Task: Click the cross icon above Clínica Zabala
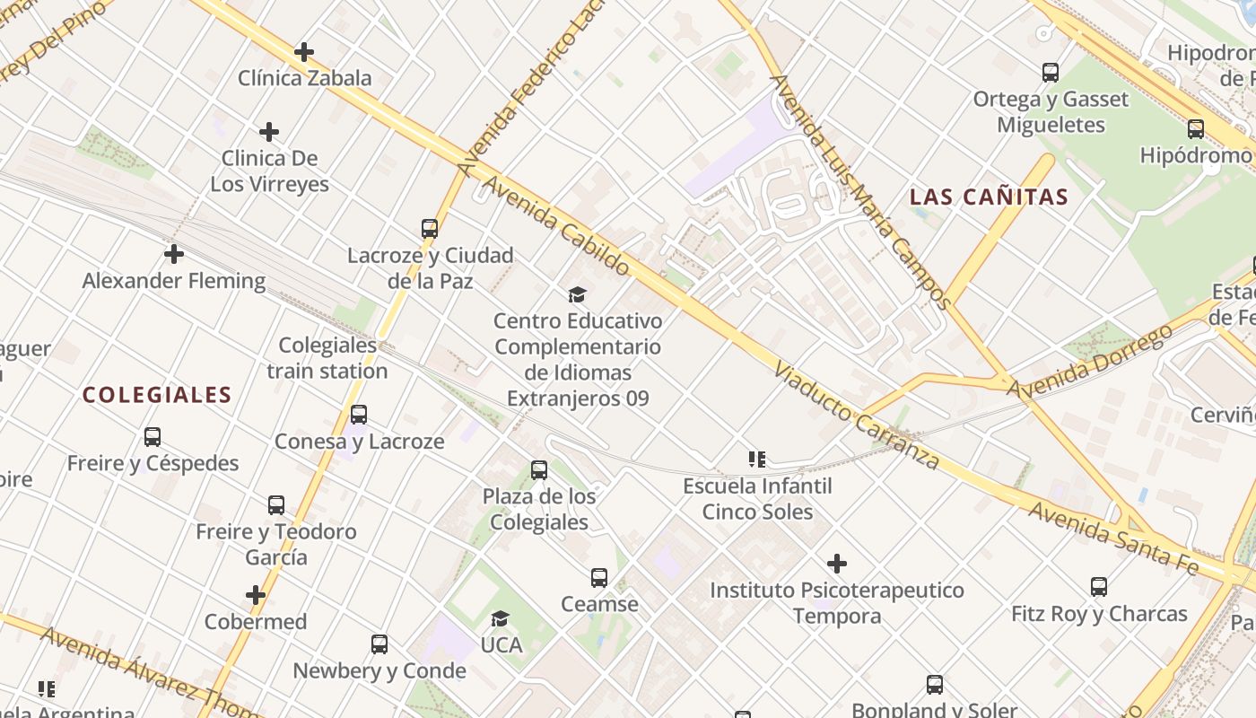pos(304,52)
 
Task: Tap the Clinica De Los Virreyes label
pos(269,171)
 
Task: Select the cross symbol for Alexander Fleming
pos(174,254)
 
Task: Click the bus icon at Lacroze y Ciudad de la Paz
pos(430,229)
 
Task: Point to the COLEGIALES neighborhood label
pos(157,395)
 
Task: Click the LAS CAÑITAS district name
pos(989,197)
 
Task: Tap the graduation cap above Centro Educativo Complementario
pos(577,294)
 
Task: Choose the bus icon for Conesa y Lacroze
pos(359,415)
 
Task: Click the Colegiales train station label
pos(327,358)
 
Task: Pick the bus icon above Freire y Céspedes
pos(153,437)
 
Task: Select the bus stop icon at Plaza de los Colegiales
pos(539,470)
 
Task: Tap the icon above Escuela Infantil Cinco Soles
pos(757,460)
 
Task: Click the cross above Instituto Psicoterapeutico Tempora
pos(837,564)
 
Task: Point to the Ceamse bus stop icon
pos(599,578)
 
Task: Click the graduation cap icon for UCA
pos(501,618)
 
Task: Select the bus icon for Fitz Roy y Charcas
pos(1099,587)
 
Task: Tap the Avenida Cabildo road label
pos(557,225)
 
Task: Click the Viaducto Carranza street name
pos(857,416)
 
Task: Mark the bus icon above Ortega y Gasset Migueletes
pos(1051,73)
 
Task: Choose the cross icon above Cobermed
pos(256,595)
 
